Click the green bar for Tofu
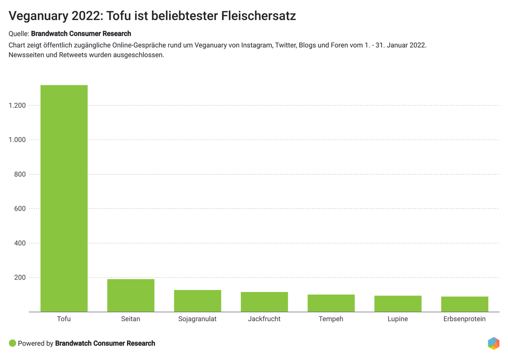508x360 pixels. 64,199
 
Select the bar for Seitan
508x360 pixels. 130,295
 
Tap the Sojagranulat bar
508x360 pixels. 197,301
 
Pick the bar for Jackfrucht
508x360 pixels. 264,302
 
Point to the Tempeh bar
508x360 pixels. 331,303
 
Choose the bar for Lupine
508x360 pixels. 397,304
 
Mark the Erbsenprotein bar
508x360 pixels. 464,304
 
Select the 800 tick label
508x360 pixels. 19,174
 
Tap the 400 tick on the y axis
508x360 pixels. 19,243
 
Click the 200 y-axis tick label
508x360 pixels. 19,278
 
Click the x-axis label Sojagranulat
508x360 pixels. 197,319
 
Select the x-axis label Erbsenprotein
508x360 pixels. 464,319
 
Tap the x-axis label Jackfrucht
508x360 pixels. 264,319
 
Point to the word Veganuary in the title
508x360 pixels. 38,16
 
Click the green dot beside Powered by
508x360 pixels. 12,343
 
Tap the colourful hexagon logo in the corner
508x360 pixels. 493,343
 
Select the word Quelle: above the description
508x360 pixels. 19,34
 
